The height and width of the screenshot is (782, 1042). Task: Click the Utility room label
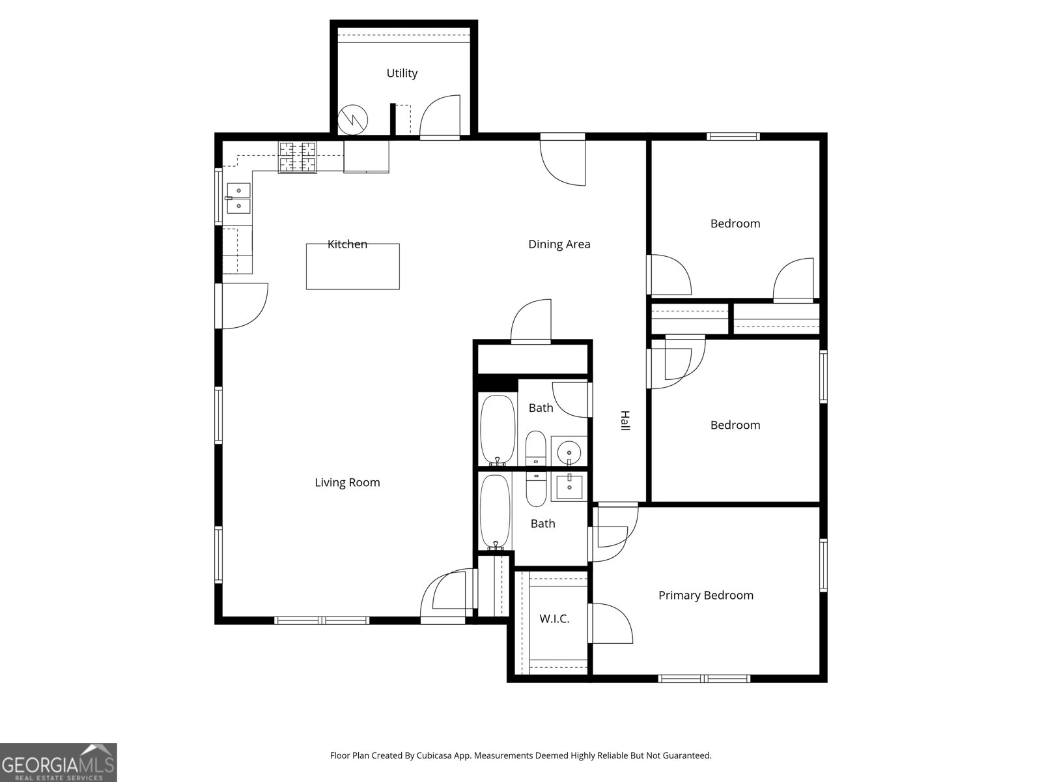tap(402, 74)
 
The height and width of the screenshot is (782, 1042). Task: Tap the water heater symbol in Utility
tap(353, 120)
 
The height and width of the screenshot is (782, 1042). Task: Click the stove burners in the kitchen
tap(298, 157)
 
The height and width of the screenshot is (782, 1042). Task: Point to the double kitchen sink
tap(238, 198)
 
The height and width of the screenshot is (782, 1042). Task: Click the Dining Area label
tap(559, 244)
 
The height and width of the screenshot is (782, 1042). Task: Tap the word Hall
tap(625, 420)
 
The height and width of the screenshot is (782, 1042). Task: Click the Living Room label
tap(347, 483)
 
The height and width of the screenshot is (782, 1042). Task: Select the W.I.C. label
tap(554, 619)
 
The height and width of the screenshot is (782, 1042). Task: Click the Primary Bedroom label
tap(705, 596)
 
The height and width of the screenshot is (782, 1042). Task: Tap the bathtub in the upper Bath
tap(498, 429)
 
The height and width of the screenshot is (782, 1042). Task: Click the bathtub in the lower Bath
tap(496, 512)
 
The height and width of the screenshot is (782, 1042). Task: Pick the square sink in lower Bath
tap(570, 487)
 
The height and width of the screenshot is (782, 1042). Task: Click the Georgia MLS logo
tap(58, 762)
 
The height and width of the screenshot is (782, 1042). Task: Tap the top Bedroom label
tap(735, 224)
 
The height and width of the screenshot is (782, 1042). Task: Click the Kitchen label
tap(347, 244)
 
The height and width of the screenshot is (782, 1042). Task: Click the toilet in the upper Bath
tap(536, 448)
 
